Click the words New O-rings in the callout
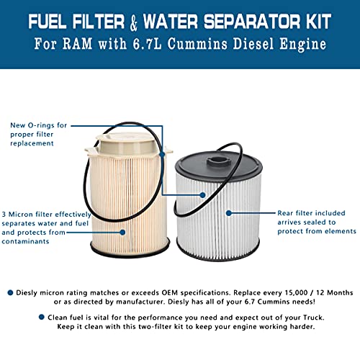(36, 125)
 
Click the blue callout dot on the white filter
(229, 214)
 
